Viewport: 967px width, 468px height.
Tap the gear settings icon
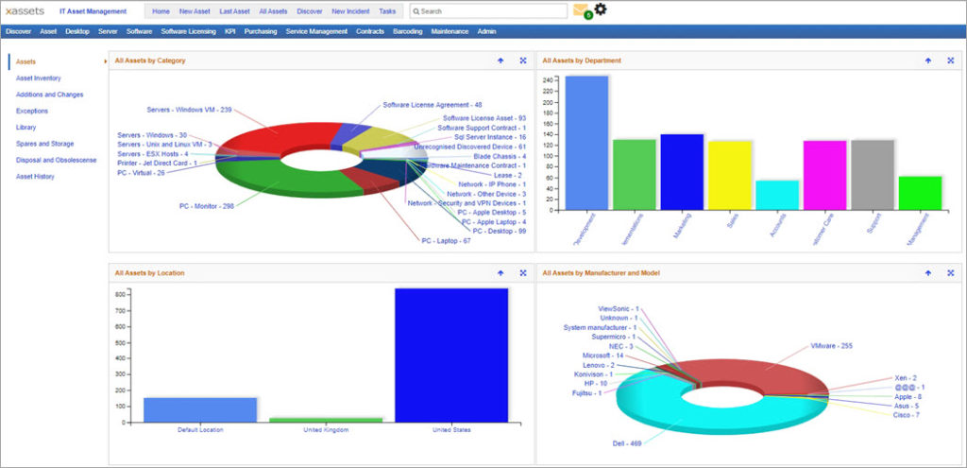[x=601, y=9]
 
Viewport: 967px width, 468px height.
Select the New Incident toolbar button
[x=350, y=11]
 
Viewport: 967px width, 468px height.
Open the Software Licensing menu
[x=188, y=31]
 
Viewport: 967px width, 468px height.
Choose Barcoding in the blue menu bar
[x=407, y=31]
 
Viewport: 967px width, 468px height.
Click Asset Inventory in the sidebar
[x=39, y=78]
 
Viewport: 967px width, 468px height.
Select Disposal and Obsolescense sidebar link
[x=56, y=160]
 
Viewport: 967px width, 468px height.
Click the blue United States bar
[x=450, y=355]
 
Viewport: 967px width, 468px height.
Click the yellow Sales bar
[x=730, y=174]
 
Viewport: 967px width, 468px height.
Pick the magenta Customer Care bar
[x=824, y=174]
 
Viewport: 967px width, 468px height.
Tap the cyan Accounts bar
[x=777, y=194]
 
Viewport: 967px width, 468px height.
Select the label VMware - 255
[x=831, y=346]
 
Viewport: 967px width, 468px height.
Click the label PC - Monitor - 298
[x=206, y=205]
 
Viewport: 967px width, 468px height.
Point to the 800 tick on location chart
[x=121, y=295]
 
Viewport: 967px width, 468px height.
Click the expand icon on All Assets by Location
[x=522, y=272]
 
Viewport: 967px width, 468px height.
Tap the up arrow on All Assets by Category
[x=500, y=61]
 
